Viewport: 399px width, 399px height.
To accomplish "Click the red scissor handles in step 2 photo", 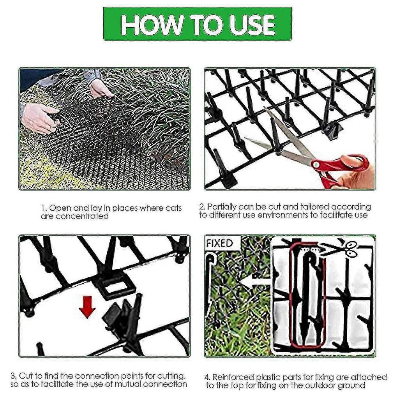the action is point(339,169).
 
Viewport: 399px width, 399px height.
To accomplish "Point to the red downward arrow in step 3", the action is point(87,308).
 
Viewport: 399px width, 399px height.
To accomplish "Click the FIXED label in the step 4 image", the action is point(219,243).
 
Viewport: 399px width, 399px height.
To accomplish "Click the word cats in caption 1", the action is point(173,208).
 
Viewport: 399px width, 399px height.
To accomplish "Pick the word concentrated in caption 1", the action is point(82,216).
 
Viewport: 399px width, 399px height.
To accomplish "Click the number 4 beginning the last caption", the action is point(207,377).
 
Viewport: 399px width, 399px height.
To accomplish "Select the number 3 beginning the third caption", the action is point(13,376).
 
